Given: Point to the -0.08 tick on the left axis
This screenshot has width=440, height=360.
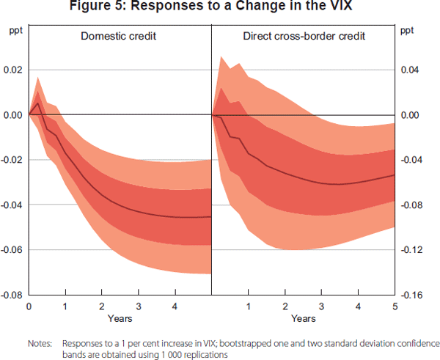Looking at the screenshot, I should [13, 295].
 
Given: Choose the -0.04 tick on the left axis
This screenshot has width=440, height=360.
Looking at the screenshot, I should [13, 205].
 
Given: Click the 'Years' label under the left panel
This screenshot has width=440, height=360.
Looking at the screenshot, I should [120, 319].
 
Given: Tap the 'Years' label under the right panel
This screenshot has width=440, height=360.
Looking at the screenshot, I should [303, 319].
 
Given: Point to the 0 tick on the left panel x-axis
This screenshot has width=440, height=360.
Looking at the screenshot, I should [29, 305].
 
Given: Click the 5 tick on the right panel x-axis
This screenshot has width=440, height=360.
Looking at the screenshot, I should [395, 305].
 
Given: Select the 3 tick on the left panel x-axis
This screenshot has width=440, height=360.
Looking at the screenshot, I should [138, 305].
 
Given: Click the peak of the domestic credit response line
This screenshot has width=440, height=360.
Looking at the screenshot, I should [38, 103].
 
